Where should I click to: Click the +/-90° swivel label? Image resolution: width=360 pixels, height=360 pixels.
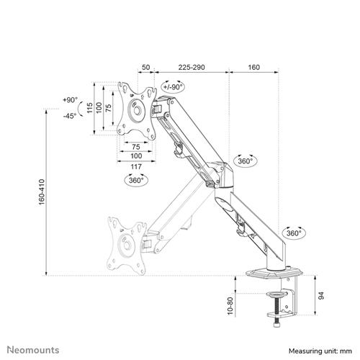174,86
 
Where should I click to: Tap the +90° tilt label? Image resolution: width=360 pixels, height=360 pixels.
70,100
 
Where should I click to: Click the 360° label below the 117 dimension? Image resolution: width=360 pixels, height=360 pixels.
135,181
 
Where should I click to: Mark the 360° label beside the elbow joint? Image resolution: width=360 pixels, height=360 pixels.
245,161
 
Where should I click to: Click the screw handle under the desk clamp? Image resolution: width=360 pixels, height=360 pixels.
277,325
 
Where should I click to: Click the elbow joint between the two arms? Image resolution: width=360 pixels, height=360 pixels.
221,177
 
